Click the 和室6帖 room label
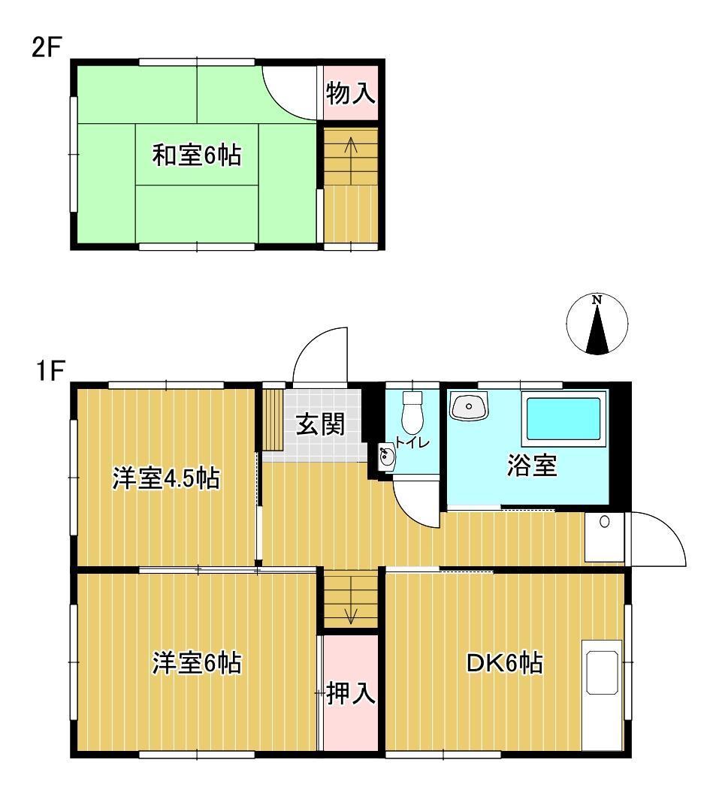tap(197, 156)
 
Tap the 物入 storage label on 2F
tap(350, 94)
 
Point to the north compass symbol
tap(597, 325)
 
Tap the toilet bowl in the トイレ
tap(412, 411)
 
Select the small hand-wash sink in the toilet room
tap(386, 457)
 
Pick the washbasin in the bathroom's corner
tap(470, 407)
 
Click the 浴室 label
tap(531, 466)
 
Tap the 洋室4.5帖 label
tap(166, 478)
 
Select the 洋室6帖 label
tap(198, 663)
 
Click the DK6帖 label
tap(505, 663)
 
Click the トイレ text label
tap(412, 442)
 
